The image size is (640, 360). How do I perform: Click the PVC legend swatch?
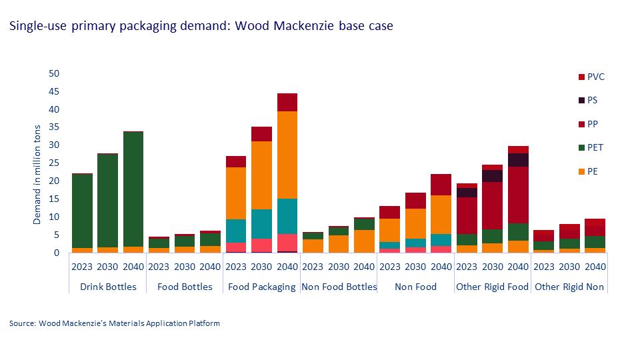[581, 77]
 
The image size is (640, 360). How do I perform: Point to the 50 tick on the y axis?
[54, 73]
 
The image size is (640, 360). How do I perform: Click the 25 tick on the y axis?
[54, 163]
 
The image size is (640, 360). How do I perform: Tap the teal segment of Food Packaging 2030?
[262, 223]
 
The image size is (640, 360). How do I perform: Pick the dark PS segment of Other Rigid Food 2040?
[517, 159]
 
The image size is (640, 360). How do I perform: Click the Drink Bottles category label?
[107, 287]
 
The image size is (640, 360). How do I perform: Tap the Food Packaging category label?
[262, 287]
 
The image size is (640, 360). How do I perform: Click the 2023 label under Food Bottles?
[158, 267]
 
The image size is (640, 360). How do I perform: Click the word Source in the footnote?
[22, 323]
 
